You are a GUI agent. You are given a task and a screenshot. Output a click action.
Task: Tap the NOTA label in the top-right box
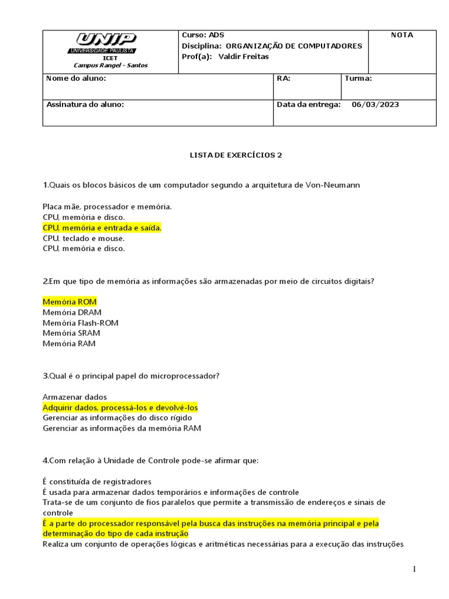click(402, 35)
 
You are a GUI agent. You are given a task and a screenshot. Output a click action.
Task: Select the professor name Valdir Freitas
click(243, 57)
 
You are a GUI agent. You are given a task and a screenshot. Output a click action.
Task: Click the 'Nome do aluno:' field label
click(76, 78)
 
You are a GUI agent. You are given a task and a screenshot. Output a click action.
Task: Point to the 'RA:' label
click(284, 78)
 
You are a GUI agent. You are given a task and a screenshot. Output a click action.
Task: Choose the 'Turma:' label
click(358, 78)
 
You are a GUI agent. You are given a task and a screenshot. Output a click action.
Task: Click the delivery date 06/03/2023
click(375, 105)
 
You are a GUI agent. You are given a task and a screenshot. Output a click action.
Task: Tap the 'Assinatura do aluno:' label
click(85, 105)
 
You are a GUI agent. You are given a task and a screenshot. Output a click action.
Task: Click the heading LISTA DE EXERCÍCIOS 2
click(236, 155)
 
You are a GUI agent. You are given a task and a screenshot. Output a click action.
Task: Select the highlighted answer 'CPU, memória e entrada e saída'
click(102, 228)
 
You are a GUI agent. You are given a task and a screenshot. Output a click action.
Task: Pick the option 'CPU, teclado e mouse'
click(84, 238)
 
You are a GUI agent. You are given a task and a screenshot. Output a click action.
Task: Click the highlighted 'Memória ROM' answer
click(70, 302)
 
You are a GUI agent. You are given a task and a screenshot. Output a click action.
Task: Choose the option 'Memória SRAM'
click(71, 333)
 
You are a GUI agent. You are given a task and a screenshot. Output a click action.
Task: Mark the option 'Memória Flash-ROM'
click(81, 323)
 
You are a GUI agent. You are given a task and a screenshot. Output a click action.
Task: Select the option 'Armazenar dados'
click(75, 397)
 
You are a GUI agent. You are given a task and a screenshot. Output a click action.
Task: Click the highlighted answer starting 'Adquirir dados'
click(120, 408)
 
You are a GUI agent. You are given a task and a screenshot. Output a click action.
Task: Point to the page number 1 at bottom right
click(413, 570)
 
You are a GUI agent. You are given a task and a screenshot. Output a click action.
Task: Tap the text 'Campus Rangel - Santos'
click(110, 66)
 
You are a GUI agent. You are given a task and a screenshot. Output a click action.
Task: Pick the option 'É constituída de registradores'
click(97, 481)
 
